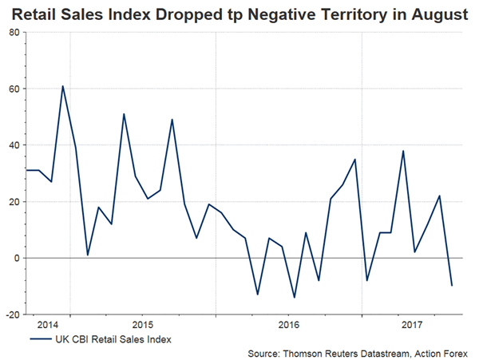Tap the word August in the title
pyautogui.click(x=432, y=14)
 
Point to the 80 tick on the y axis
pyautogui.click(x=15, y=32)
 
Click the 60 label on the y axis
pyautogui.click(x=15, y=89)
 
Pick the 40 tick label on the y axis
pyautogui.click(x=15, y=145)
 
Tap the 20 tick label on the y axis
pyautogui.click(x=15, y=202)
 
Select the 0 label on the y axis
pyautogui.click(x=18, y=259)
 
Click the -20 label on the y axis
pyautogui.click(x=14, y=315)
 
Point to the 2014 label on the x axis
pyautogui.click(x=47, y=325)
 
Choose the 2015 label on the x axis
pyautogui.click(x=141, y=325)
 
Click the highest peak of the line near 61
pyautogui.click(x=63, y=86)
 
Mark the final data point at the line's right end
pyautogui.click(x=452, y=286)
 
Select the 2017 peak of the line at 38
pyautogui.click(x=404, y=151)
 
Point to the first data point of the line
pyautogui.click(x=26, y=170)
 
